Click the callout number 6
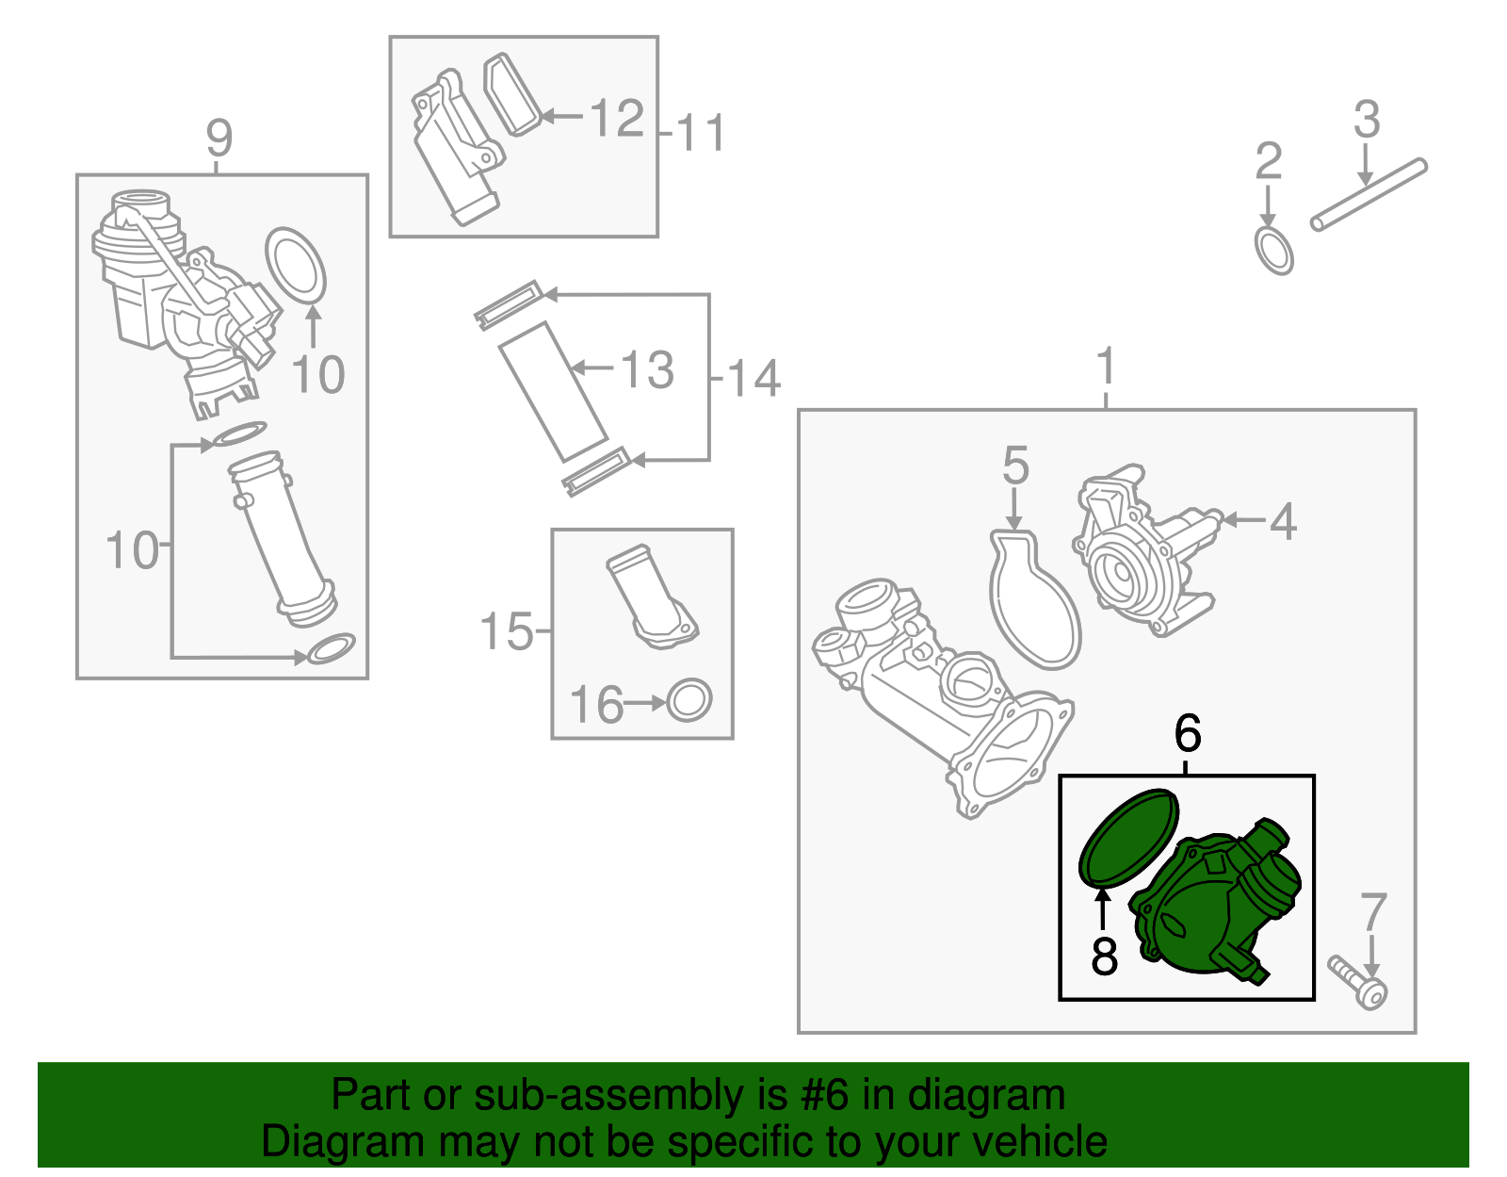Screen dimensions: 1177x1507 (1188, 732)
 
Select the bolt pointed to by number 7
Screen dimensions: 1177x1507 (1357, 981)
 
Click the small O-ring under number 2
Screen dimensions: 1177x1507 (1273, 251)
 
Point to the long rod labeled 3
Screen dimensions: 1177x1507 (1369, 195)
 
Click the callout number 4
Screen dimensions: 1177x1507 (1283, 521)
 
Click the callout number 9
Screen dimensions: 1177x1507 (219, 139)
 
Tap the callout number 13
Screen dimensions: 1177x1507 (647, 369)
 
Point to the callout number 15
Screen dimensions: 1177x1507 (507, 631)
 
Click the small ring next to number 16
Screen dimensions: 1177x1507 (689, 700)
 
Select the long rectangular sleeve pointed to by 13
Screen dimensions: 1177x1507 (552, 392)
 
